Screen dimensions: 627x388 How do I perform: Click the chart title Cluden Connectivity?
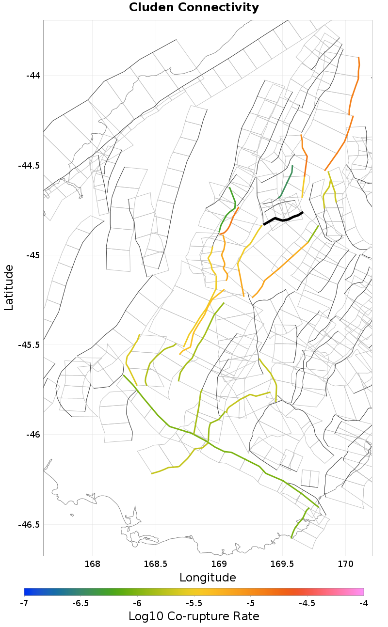(x=194, y=8)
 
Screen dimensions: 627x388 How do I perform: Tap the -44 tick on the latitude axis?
(x=33, y=76)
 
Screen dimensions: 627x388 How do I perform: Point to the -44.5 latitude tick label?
(x=30, y=165)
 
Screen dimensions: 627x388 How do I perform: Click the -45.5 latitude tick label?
(x=30, y=345)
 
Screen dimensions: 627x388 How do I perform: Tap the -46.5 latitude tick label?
(x=30, y=524)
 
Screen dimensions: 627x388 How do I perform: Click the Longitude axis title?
(x=208, y=578)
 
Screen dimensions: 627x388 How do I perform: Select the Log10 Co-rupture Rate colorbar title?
(x=194, y=616)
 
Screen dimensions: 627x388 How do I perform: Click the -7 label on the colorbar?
(x=24, y=603)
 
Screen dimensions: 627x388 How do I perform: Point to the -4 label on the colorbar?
(x=364, y=603)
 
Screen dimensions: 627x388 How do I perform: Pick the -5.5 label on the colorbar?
(x=194, y=603)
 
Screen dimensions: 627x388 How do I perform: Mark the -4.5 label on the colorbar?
(x=307, y=603)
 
